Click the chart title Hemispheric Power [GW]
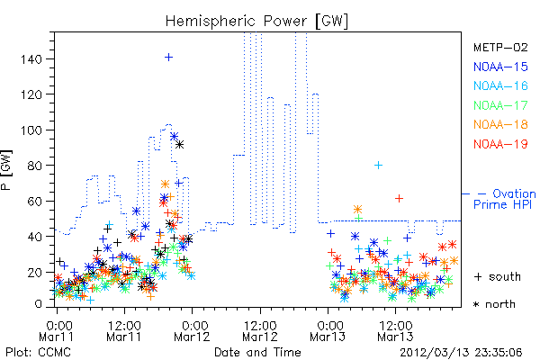[256, 22]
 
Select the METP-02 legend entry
[500, 47]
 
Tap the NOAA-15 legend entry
[500, 67]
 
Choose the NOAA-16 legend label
[500, 85]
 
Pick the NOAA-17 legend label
[500, 105]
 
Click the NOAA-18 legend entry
[500, 124]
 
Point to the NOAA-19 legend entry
[500, 144]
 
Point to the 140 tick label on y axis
[31, 59]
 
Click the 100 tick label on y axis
[31, 130]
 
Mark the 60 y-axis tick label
[35, 202]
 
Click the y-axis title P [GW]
[6, 170]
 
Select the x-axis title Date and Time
[257, 352]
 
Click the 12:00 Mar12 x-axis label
[260, 331]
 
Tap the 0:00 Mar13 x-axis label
[328, 331]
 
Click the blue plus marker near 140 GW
[168, 58]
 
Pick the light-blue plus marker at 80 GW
[379, 166]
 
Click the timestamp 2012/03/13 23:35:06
[461, 353]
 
